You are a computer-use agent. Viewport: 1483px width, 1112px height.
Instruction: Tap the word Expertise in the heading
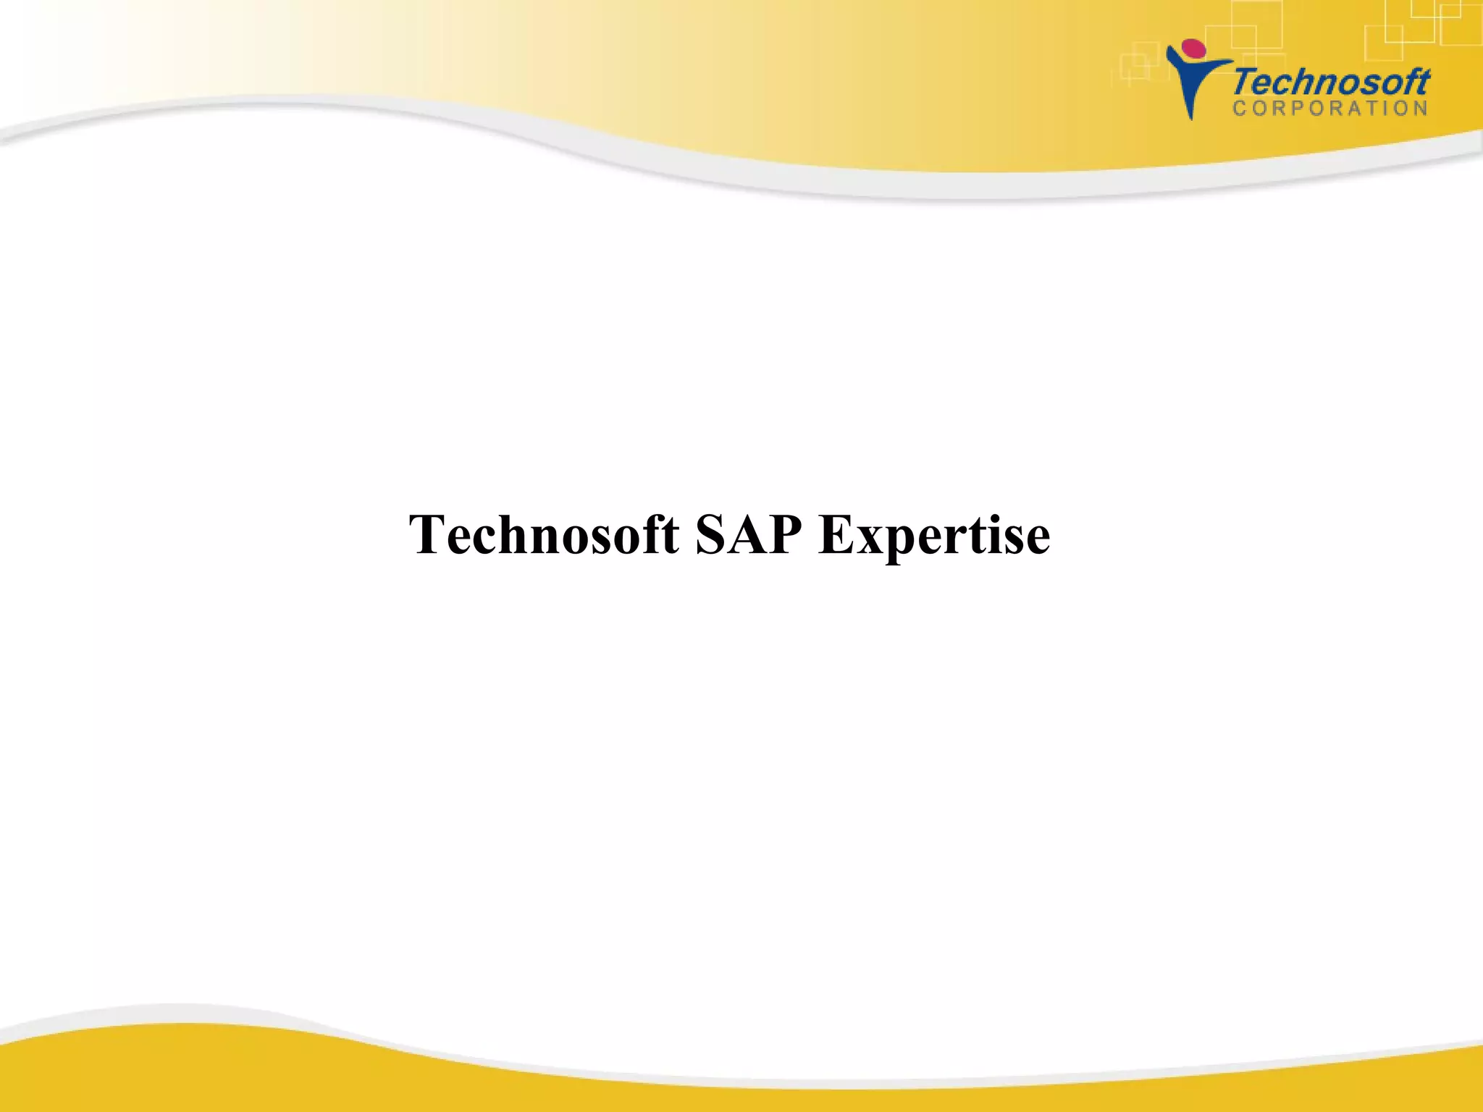point(934,536)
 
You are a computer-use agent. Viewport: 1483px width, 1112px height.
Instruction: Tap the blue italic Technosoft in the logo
point(1331,82)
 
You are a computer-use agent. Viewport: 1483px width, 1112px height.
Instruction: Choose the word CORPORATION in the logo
point(1330,109)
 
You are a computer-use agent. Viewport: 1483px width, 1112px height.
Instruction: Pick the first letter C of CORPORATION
point(1239,109)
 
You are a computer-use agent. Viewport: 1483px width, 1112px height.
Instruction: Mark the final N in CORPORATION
point(1421,109)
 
